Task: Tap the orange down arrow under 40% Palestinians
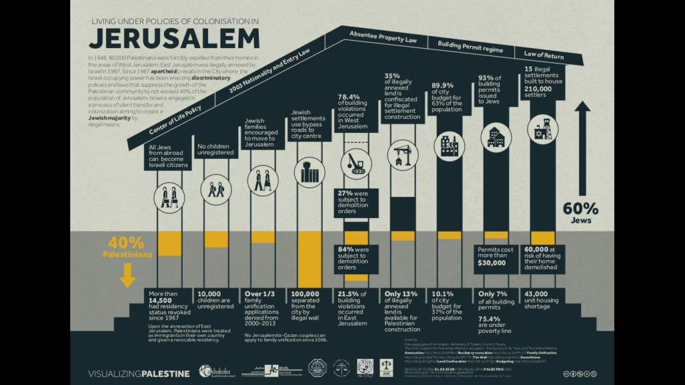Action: click(x=127, y=274)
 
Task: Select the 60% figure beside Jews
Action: click(x=581, y=209)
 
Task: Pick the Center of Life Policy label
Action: click(x=176, y=122)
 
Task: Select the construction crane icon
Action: click(x=402, y=152)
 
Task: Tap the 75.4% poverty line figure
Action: click(x=491, y=319)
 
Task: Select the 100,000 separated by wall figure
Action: click(x=305, y=295)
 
